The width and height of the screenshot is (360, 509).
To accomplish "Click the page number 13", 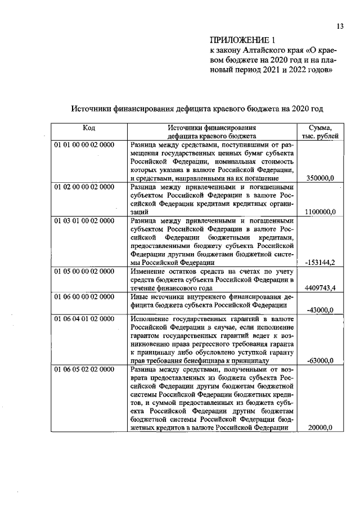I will click(x=340, y=25).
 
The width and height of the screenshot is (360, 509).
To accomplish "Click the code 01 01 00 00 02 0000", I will click(x=84, y=145).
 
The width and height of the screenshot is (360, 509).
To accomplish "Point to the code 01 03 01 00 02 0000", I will click(x=84, y=220).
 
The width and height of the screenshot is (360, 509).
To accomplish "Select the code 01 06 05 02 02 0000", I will click(x=84, y=369).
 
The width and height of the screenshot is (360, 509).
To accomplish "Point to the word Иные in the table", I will click(x=138, y=296).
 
